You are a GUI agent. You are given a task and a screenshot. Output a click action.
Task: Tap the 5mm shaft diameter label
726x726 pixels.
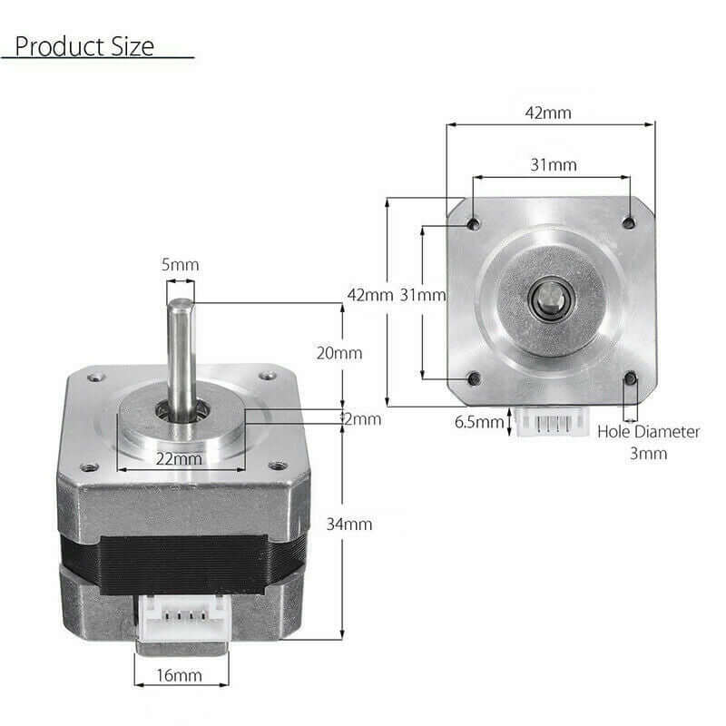pyautogui.click(x=180, y=265)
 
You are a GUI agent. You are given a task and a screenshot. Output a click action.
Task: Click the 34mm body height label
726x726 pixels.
pyautogui.click(x=350, y=524)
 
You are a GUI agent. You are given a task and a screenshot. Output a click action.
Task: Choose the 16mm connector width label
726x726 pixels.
pyautogui.click(x=179, y=675)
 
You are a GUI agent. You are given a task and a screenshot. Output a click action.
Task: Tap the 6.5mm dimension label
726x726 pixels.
pyautogui.click(x=478, y=422)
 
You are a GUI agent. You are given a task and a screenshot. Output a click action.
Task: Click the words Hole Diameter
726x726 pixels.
pyautogui.click(x=648, y=432)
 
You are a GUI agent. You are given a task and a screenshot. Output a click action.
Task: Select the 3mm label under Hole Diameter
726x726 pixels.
pyautogui.click(x=648, y=453)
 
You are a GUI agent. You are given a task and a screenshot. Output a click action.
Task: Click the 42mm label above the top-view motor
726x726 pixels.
pyautogui.click(x=548, y=113)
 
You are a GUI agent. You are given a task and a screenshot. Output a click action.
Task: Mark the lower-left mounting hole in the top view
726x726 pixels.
pyautogui.click(x=472, y=378)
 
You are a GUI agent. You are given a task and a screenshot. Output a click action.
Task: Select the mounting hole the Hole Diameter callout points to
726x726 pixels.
pyautogui.click(x=629, y=379)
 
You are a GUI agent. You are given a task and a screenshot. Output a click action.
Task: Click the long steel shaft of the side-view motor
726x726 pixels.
pyautogui.click(x=180, y=349)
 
